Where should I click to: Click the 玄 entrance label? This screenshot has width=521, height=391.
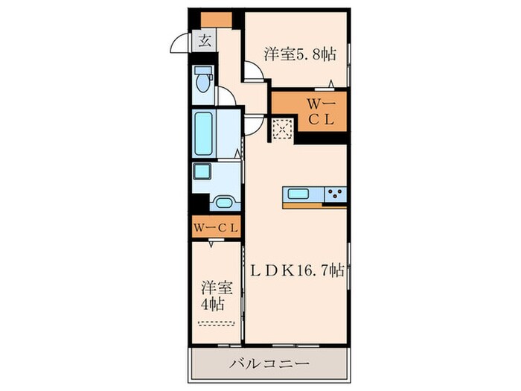click(x=204, y=42)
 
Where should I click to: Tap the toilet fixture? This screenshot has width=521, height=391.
click(x=203, y=80)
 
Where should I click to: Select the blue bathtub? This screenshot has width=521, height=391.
click(x=203, y=132)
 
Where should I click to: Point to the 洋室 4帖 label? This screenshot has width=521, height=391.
click(x=213, y=295)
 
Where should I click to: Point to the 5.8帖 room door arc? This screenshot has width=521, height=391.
click(x=253, y=72)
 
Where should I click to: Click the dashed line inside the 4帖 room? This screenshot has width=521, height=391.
click(x=217, y=322)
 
